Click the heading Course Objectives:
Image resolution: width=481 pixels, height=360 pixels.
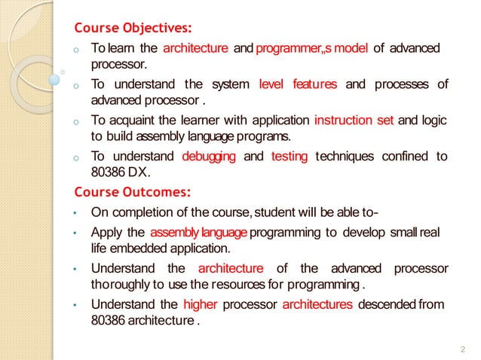point(132,29)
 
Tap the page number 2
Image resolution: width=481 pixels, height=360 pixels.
point(462,349)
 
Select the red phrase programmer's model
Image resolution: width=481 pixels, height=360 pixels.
point(312,49)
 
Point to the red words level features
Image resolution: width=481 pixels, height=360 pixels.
point(297,84)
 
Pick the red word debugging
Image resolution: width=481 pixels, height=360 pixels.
point(209,156)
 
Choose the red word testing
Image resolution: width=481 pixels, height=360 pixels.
point(289,156)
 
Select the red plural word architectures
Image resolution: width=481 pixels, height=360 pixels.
point(317,304)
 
